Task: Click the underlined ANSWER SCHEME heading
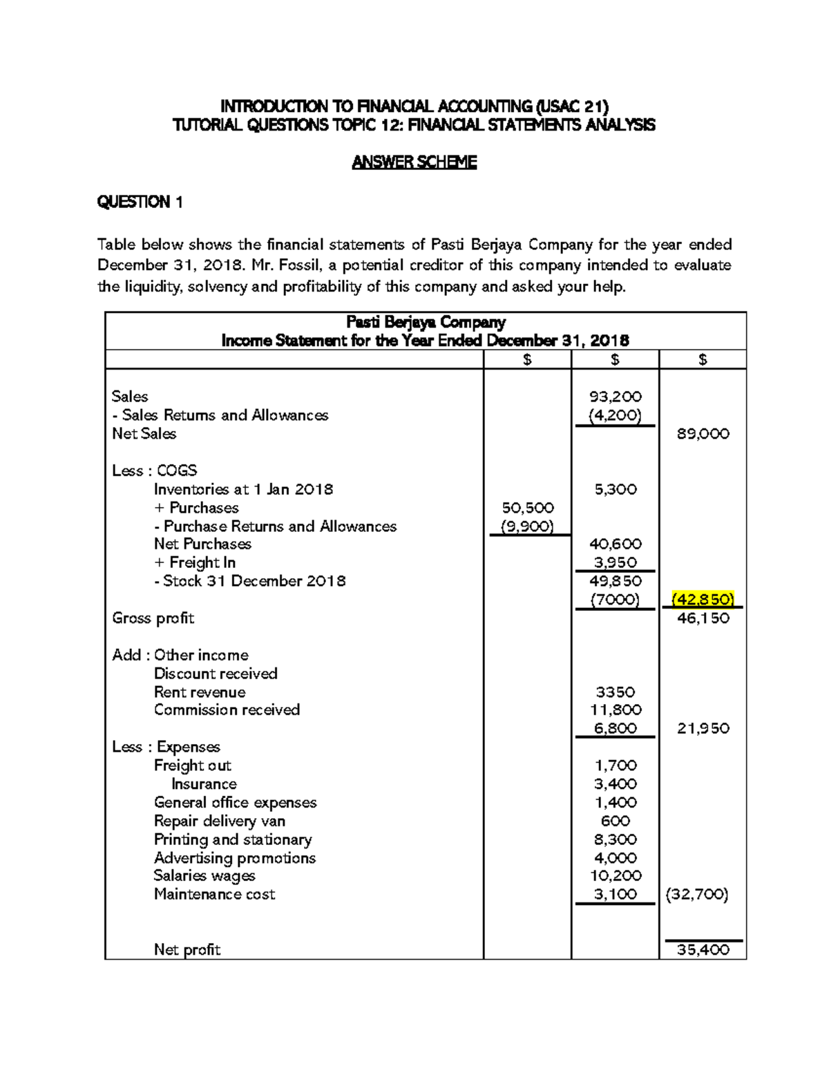(414, 162)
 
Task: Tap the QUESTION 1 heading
(140, 202)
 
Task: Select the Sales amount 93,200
(615, 397)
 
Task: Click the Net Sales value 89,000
(703, 434)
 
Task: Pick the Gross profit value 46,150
(703, 618)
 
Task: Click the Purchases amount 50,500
(527, 508)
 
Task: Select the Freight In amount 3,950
(615, 563)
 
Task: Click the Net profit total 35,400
(703, 950)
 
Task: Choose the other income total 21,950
(703, 728)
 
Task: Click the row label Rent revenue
(200, 692)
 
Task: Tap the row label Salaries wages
(204, 876)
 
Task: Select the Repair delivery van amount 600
(615, 821)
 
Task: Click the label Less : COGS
(155, 471)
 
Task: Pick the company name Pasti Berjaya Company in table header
(426, 322)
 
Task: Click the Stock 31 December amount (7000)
(615, 600)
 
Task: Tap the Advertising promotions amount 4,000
(615, 858)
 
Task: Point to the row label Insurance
(204, 784)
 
